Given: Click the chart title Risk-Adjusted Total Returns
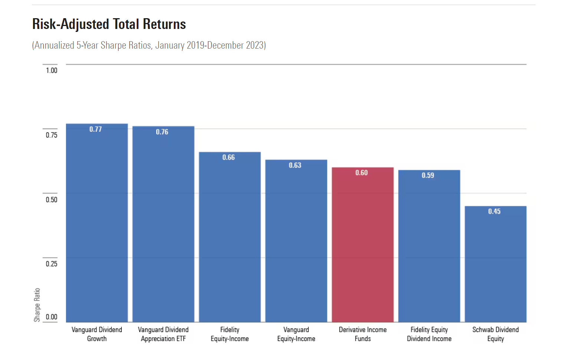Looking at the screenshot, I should pos(109,24).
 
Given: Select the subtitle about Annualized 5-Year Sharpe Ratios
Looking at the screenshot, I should pos(149,45).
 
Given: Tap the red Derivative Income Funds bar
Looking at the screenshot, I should pos(363,245).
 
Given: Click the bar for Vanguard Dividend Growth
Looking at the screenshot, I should pos(97,223).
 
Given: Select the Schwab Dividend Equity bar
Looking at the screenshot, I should pos(495,264).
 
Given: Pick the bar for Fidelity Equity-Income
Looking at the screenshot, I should pos(230,238).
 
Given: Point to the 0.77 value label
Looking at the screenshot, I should pos(95,129).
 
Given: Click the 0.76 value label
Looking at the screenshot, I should pos(162,132).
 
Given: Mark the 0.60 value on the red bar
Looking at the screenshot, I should pos(362,173).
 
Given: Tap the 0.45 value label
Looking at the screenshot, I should pos(494,211).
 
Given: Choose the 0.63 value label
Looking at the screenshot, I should pos(295,165).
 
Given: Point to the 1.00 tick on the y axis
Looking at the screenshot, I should pos(52,71).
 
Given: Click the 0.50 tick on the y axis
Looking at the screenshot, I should pos(52,200).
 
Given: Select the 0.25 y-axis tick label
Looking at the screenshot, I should pos(52,264).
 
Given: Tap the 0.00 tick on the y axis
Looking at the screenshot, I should pos(52,317).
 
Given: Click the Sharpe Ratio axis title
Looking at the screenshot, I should pos(37,305).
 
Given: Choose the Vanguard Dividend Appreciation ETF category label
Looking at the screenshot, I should pos(163,334).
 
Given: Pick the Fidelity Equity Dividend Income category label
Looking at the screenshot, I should pos(429,334).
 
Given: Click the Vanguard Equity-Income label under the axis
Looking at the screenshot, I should pos(296,334).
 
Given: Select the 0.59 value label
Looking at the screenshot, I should pos(428,175).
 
